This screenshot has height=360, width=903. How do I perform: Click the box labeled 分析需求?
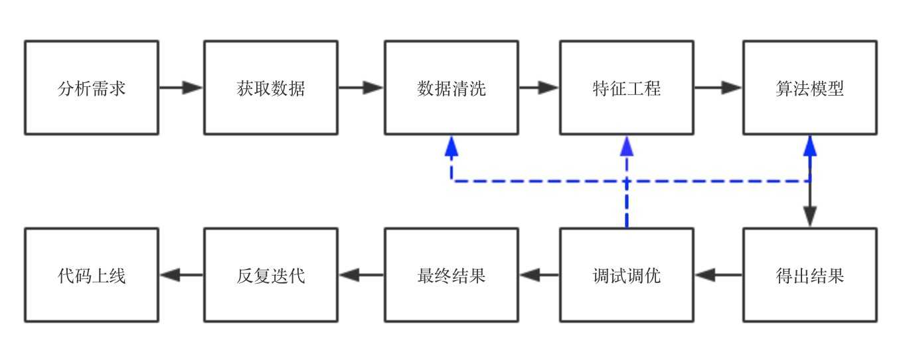92,88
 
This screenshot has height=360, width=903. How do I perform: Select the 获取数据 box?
271,88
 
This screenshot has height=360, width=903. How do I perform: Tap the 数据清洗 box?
451,88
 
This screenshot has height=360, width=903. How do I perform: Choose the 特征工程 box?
627,88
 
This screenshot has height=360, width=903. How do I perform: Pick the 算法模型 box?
810,88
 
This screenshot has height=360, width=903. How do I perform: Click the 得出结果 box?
810,275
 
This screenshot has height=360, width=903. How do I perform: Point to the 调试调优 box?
627,275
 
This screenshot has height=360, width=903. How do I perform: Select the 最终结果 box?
451,275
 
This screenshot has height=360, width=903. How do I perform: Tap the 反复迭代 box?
271,275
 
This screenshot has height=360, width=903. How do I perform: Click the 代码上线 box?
92,275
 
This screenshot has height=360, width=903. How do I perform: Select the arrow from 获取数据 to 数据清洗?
361,88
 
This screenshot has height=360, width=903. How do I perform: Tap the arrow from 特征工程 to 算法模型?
718,88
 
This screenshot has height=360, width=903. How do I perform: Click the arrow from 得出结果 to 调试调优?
719,275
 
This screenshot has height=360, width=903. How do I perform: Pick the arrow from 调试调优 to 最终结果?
539,275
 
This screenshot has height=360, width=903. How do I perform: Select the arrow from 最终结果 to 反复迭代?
362,275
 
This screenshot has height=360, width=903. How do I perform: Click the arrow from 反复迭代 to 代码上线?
182,275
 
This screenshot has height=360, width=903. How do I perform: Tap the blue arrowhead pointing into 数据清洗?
451,146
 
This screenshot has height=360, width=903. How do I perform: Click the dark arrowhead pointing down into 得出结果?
810,217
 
